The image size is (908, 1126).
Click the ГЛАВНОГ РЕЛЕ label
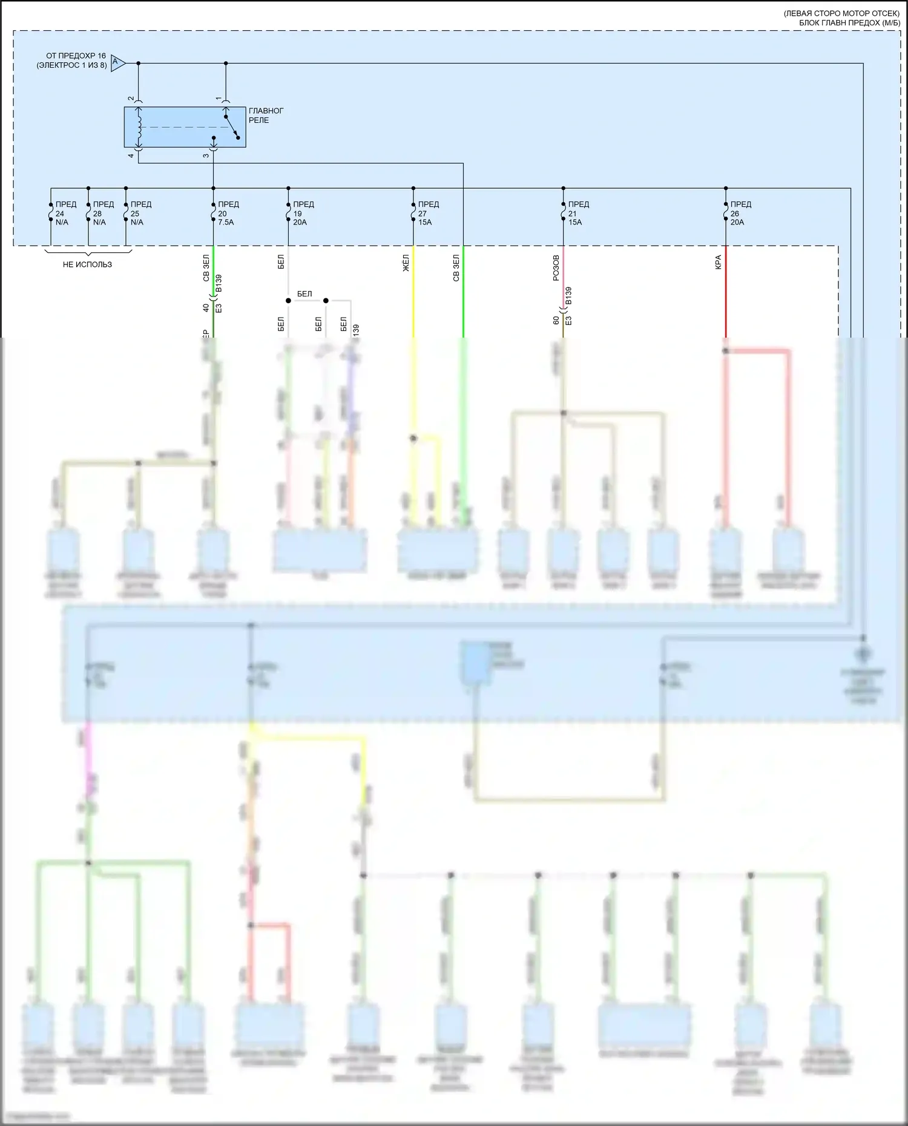pyautogui.click(x=266, y=116)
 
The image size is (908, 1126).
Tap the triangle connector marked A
pyautogui.click(x=117, y=62)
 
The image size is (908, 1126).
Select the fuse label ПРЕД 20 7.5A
pyautogui.click(x=228, y=213)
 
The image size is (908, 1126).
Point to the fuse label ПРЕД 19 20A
pyautogui.click(x=303, y=213)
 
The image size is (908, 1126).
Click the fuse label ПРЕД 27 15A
pyautogui.click(x=428, y=213)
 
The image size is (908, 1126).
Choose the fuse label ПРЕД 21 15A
pyautogui.click(x=578, y=213)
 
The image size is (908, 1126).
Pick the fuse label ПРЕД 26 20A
pyautogui.click(x=740, y=213)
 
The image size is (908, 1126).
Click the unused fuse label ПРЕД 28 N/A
pyautogui.click(x=103, y=213)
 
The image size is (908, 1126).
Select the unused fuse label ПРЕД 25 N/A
pyautogui.click(x=140, y=213)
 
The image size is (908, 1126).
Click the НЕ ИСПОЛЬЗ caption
pyautogui.click(x=87, y=264)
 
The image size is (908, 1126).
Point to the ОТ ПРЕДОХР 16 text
pyautogui.click(x=76, y=56)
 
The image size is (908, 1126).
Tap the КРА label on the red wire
pyautogui.click(x=718, y=262)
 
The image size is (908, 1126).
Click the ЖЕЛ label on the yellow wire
pyautogui.click(x=406, y=263)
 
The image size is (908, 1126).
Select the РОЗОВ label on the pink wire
pyautogui.click(x=556, y=267)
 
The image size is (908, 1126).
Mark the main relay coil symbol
pyautogui.click(x=139, y=127)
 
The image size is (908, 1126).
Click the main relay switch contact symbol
pyautogui.click(x=231, y=126)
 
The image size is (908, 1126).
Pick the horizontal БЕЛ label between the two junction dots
pyautogui.click(x=304, y=294)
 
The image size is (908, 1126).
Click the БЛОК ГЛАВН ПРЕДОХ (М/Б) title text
pyautogui.click(x=849, y=23)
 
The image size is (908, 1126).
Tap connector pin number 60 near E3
pyautogui.click(x=556, y=320)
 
